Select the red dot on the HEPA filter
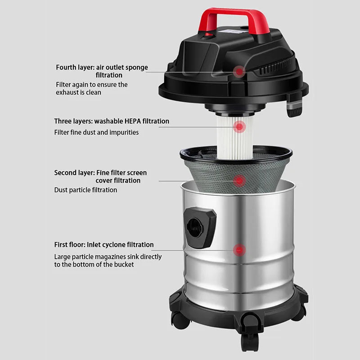coord(239,127)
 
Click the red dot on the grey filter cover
coord(239,181)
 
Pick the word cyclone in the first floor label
coord(120,245)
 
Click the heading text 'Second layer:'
coord(74,173)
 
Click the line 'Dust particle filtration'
coord(85,190)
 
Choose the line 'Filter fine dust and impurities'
coord(96,132)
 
